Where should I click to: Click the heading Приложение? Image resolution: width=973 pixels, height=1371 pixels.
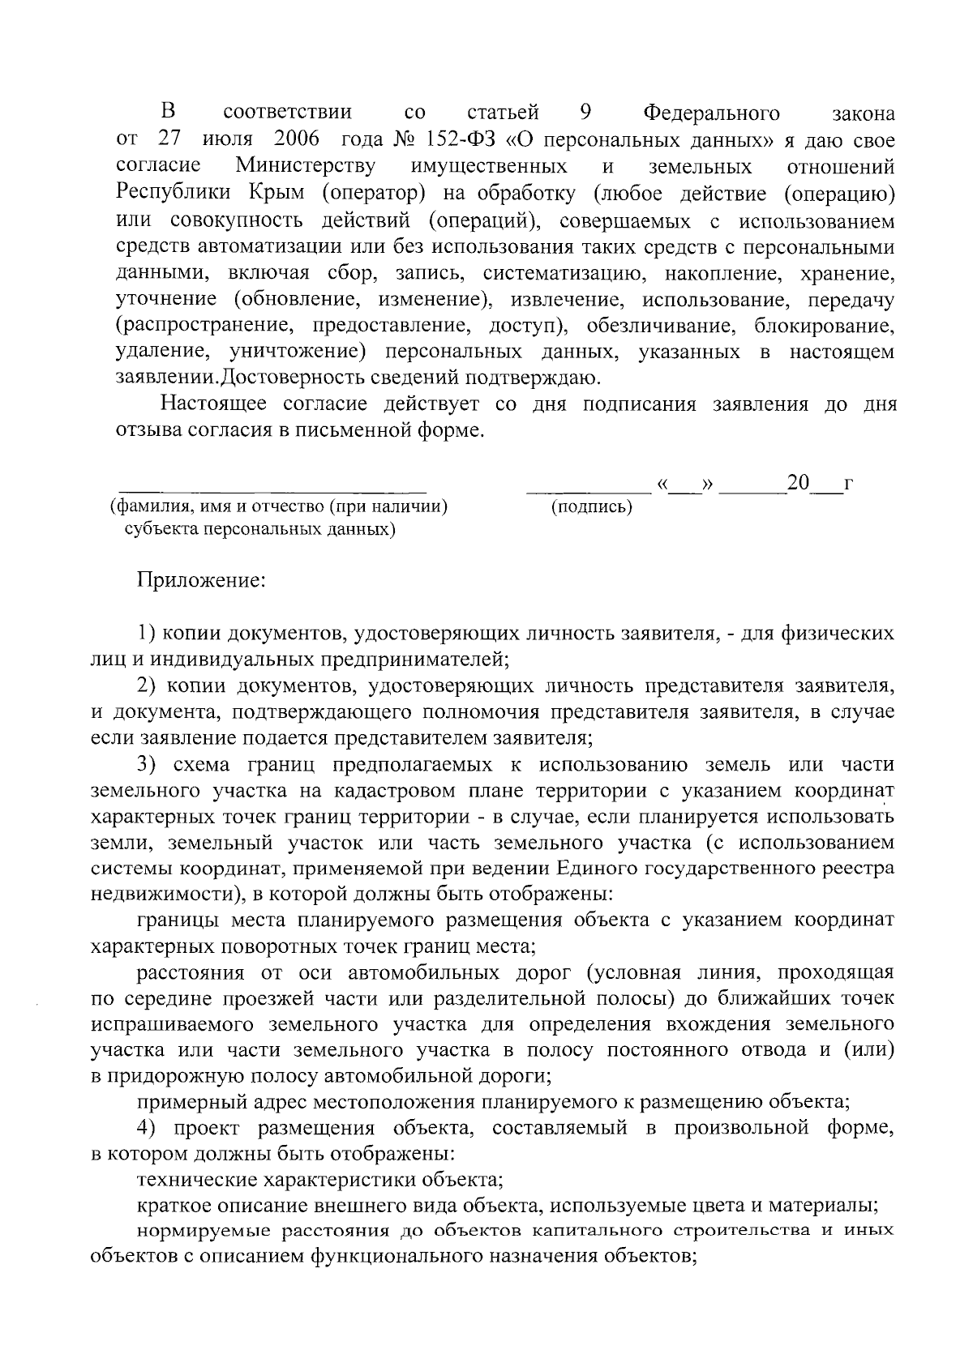(200, 581)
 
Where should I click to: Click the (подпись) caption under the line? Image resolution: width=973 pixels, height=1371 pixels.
(590, 508)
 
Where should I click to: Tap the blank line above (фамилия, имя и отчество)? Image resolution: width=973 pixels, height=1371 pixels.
(273, 490)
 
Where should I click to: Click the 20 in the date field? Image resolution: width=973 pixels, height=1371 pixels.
(798, 484)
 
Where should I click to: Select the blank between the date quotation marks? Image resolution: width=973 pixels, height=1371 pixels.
(686, 489)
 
